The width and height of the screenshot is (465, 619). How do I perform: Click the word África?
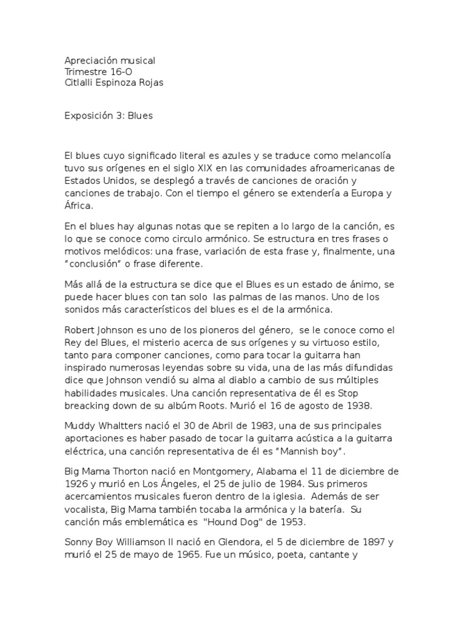[78, 206]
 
